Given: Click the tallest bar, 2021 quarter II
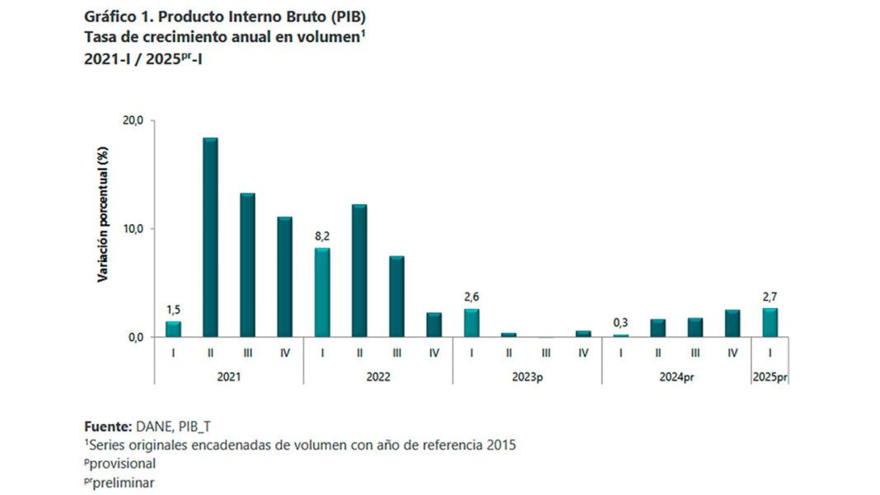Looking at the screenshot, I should tap(210, 237).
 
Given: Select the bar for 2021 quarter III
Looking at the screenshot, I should tap(247, 265).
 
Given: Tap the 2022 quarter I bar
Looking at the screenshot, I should tap(322, 292).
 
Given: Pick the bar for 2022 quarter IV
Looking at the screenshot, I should tap(434, 325).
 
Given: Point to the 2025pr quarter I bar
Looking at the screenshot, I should tap(770, 322).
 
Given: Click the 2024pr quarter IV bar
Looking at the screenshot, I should tap(733, 323).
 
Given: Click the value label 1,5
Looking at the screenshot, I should tap(173, 310).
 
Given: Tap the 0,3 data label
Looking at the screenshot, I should tap(620, 323).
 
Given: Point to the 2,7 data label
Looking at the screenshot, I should tap(770, 297).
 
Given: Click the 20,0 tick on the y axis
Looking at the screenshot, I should tap(133, 121).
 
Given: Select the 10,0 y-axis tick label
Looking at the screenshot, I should tap(133, 229).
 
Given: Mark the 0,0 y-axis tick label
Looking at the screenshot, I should tap(136, 337).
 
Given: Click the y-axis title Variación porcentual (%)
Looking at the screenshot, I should tap(104, 215).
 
